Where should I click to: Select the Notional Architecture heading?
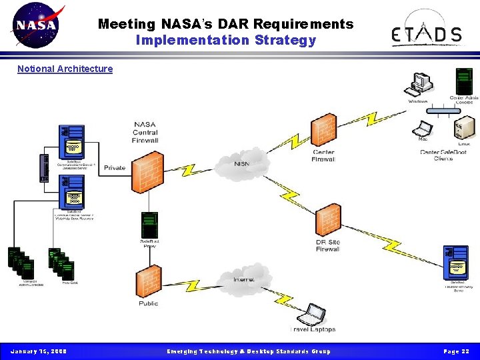tap(65, 69)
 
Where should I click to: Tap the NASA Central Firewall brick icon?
tap(147, 171)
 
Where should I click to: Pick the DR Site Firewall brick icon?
tap(327, 221)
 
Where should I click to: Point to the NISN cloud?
tap(242, 163)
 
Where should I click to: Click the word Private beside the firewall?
tap(114, 168)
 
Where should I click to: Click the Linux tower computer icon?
tap(465, 127)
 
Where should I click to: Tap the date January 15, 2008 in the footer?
tap(38, 351)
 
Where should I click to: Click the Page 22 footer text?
tap(457, 351)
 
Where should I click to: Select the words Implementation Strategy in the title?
tap(225, 40)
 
